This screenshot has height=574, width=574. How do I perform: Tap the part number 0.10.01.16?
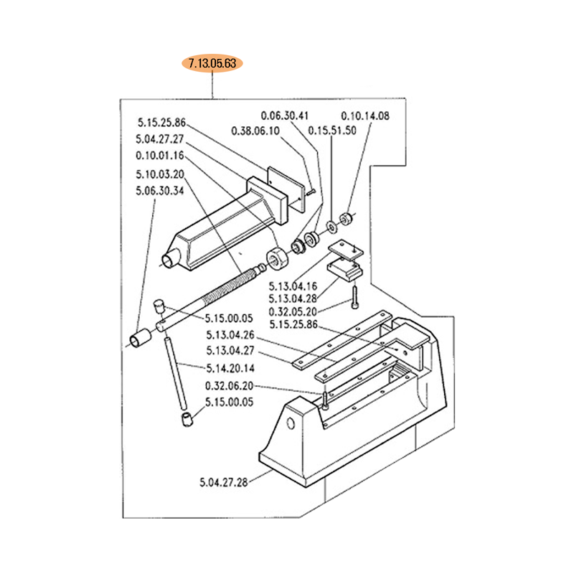[x=160, y=156]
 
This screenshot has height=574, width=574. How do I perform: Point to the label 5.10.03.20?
[x=160, y=174]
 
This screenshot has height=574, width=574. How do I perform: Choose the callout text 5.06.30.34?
[x=160, y=191]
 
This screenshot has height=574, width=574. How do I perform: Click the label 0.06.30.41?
[x=285, y=116]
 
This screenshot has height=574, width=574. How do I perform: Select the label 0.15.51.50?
[x=332, y=130]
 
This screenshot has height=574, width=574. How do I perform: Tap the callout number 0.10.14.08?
[x=365, y=116]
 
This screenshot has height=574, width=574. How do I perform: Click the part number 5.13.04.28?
[x=293, y=298]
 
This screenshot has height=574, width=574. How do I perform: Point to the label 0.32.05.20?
[x=293, y=311]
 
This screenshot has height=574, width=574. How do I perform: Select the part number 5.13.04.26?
[x=230, y=334]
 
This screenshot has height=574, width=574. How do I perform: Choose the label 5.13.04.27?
[x=230, y=351]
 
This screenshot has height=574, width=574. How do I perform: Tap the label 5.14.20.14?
[x=230, y=368]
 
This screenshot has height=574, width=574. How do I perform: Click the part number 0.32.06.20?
[x=230, y=386]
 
